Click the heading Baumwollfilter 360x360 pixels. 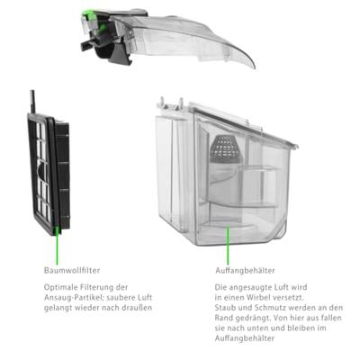(x=72, y=270)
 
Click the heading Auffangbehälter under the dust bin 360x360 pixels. (x=245, y=271)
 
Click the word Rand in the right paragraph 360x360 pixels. (x=223, y=318)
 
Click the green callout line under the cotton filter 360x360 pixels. (x=58, y=244)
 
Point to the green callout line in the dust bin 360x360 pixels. (x=228, y=244)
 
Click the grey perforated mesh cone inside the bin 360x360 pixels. (x=227, y=147)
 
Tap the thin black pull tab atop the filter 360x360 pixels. (x=32, y=102)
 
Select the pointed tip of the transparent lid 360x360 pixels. (x=255, y=67)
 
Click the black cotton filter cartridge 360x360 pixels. (x=49, y=175)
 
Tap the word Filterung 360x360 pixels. (x=96, y=287)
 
